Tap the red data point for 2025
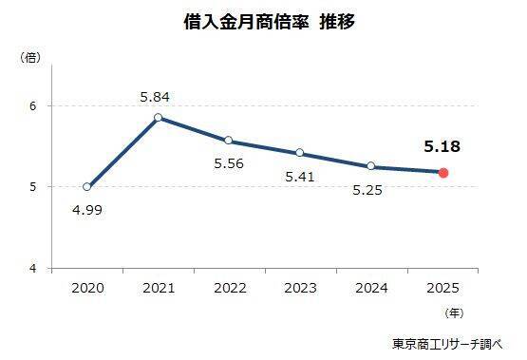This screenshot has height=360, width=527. [443, 173]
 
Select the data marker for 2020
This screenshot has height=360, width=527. [87, 187]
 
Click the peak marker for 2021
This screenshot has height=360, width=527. [158, 118]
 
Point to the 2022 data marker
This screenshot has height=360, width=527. [229, 141]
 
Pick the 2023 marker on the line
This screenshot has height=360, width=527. [300, 153]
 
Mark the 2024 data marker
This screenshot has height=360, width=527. [371, 166]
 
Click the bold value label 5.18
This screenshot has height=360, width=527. [442, 147]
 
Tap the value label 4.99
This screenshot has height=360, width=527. [86, 209]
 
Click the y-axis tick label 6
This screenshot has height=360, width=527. [32, 105]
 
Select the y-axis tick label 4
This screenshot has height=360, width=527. [32, 269]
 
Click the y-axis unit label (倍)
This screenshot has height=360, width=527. [30, 59]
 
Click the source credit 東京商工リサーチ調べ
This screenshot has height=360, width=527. [449, 342]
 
